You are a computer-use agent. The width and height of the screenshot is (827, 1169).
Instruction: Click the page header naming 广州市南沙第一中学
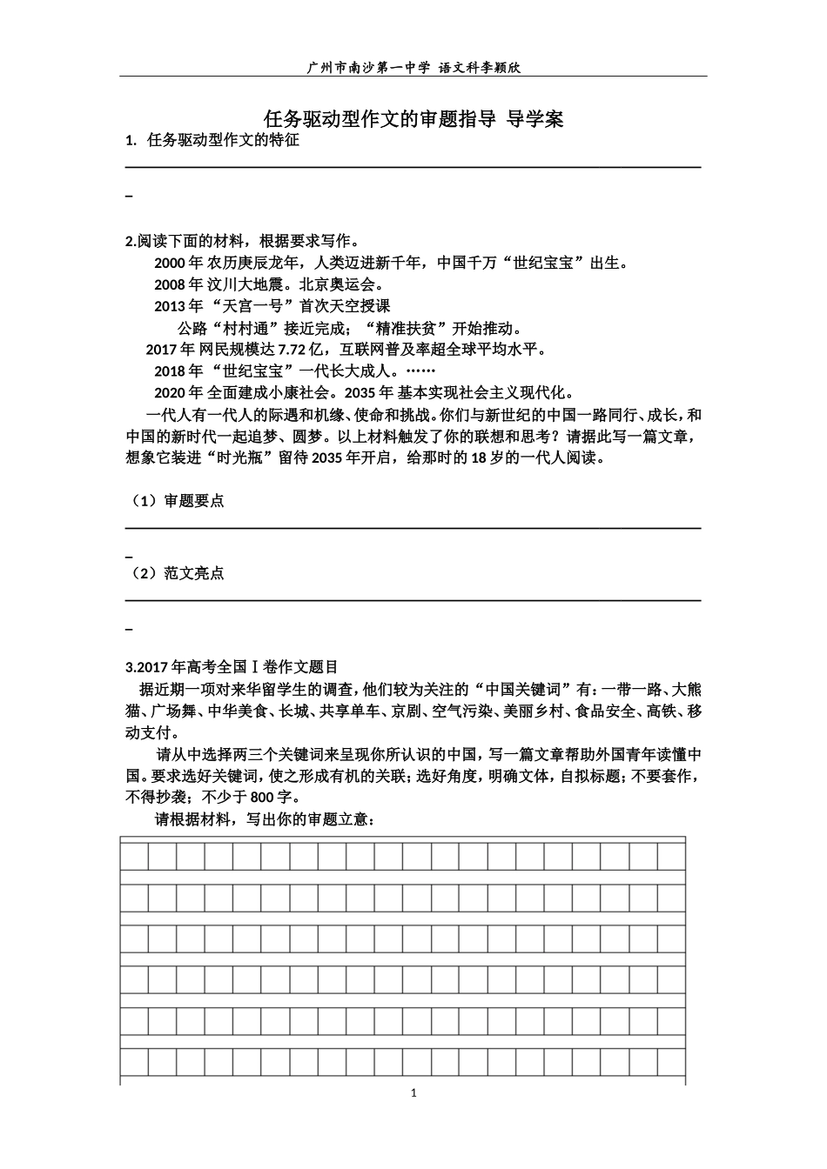pos(413,67)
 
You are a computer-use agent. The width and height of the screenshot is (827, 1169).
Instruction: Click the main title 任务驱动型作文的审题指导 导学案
pos(413,119)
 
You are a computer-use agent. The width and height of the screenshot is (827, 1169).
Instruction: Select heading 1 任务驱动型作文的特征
pos(213,140)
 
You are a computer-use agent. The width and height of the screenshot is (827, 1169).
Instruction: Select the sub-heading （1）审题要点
pos(176,501)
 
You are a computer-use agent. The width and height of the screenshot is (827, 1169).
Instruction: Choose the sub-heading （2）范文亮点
pos(176,574)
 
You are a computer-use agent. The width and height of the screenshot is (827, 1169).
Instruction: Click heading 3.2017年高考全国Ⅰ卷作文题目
pos(232,668)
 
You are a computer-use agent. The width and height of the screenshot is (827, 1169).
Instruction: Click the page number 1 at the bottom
pos(414,1092)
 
